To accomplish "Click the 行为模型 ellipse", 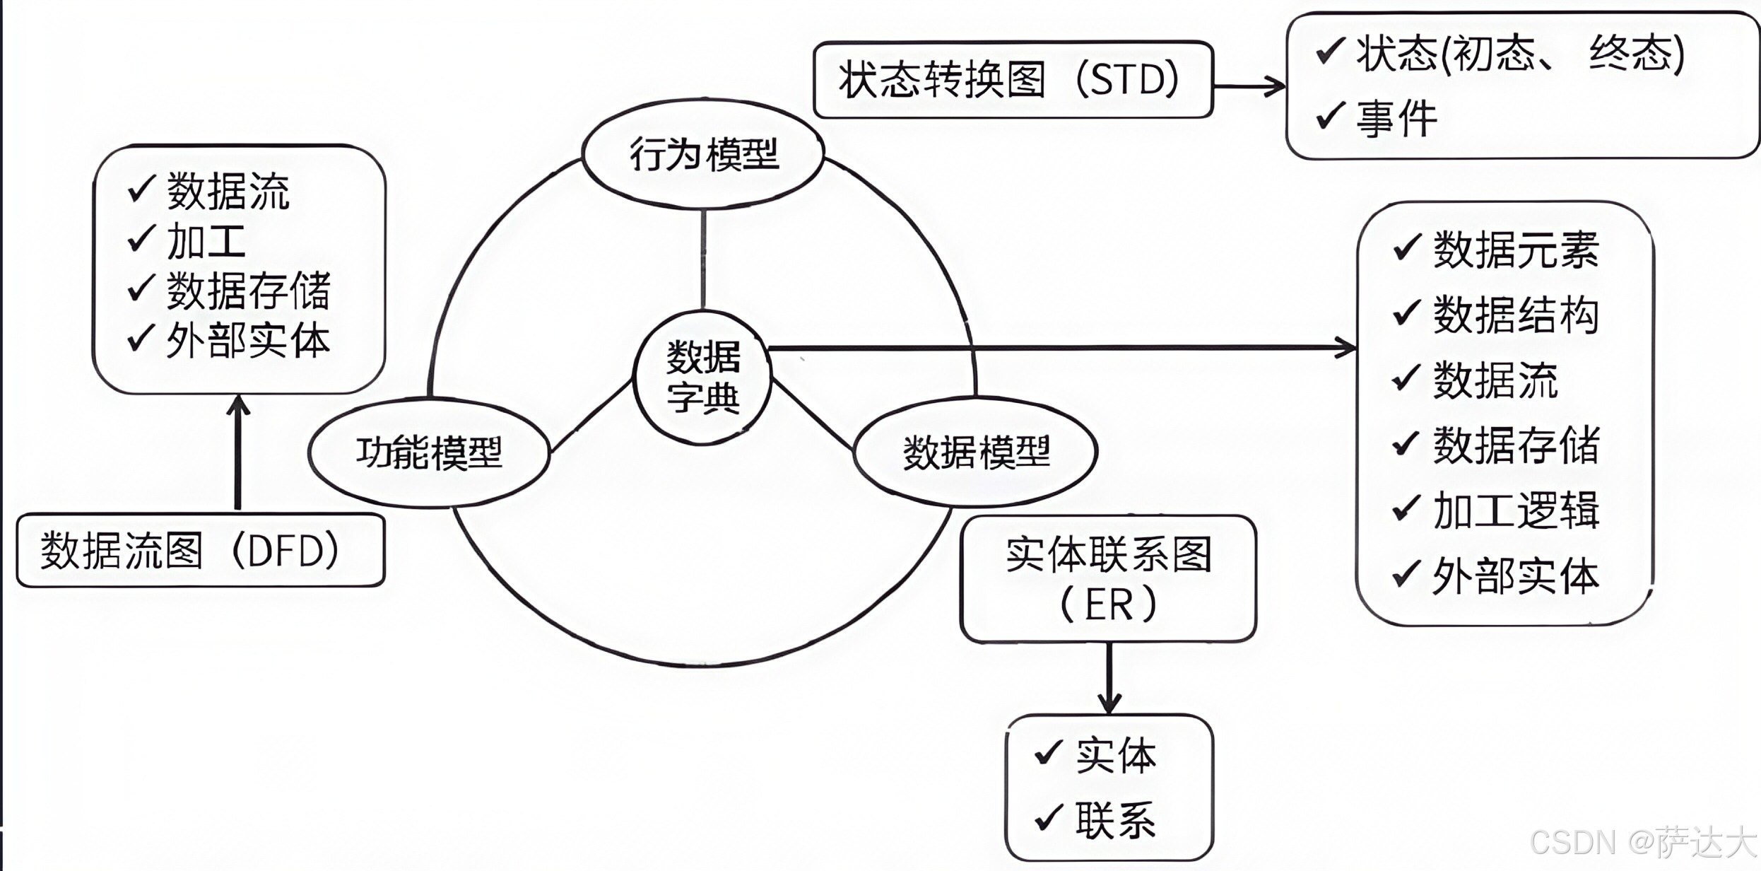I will (703, 154).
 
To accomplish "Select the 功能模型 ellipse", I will (429, 452).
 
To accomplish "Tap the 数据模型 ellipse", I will (976, 452).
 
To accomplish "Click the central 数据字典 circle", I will (703, 378).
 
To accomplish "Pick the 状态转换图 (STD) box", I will (1012, 79).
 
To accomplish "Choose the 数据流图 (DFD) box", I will (200, 551).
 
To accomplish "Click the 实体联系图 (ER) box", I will (1108, 578).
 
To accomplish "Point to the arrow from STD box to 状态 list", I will (1249, 86).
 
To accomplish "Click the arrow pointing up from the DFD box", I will (238, 452).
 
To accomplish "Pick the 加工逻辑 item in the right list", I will (1516, 510).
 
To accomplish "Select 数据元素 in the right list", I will (1516, 250).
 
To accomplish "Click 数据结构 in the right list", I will (1516, 315).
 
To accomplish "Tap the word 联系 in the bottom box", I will (1116, 821).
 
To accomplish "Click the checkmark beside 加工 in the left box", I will (141, 239).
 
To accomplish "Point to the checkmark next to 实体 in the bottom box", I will (1048, 753).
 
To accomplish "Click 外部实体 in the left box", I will (248, 341).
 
